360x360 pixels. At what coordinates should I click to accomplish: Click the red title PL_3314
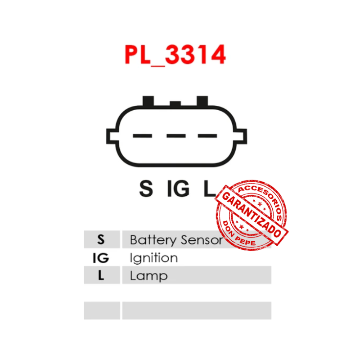click(175, 55)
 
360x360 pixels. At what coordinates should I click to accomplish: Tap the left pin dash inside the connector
click(143, 135)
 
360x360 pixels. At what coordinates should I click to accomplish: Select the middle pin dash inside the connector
click(176, 135)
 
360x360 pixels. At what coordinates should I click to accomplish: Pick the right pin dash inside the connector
click(207, 135)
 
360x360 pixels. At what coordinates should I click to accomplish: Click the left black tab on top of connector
click(148, 101)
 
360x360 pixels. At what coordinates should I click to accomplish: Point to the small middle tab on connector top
click(175, 104)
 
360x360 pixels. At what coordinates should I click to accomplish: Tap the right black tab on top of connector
click(202, 101)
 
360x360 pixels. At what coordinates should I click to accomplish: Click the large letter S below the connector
click(146, 189)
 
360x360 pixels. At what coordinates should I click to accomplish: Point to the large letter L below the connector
click(208, 189)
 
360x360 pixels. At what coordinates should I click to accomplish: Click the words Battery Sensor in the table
click(175, 240)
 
